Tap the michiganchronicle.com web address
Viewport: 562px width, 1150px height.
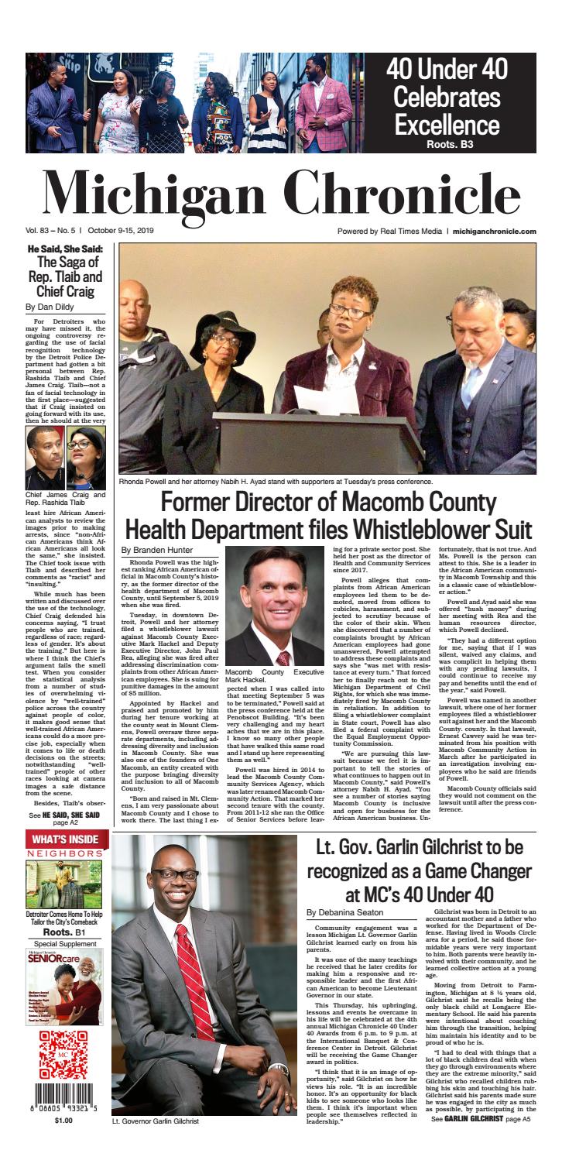[x=495, y=231]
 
